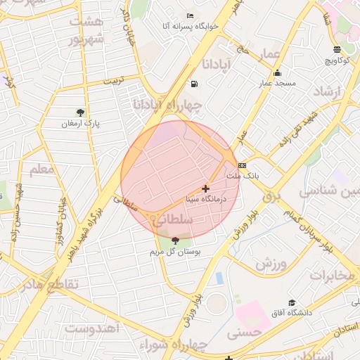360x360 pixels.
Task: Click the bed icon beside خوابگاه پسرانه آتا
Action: tap(190, 15)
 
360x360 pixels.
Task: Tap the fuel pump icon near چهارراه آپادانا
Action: tap(193, 84)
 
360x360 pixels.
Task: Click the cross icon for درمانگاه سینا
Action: tap(205, 188)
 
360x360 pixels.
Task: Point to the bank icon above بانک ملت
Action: tap(243, 165)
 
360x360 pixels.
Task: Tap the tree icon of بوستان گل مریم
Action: tap(175, 241)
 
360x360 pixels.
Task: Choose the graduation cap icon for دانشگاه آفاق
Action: tap(291, 302)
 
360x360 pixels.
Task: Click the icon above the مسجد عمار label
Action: tap(278, 73)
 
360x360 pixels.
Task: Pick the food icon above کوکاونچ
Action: tap(337, 49)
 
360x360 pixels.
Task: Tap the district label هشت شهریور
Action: tap(86, 30)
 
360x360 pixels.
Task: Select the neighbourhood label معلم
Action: tap(41, 169)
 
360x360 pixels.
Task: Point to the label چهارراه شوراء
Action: tap(172, 345)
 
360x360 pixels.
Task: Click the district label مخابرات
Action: tap(332, 275)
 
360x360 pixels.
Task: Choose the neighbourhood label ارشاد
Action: tap(326, 92)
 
